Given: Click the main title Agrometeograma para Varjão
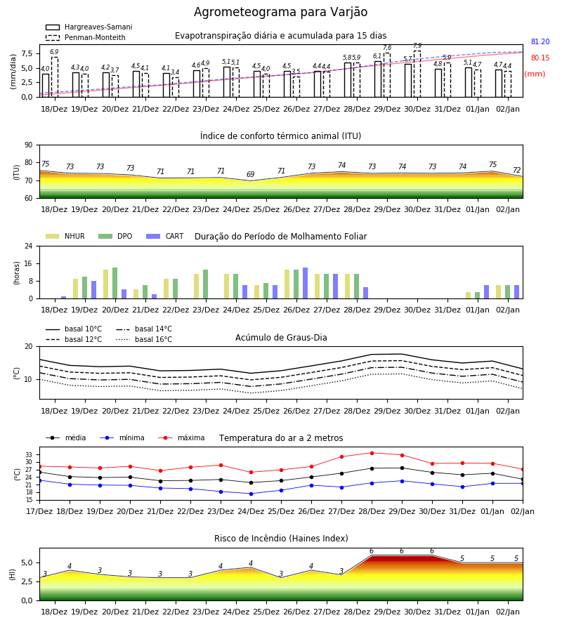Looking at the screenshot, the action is pyautogui.click(x=280, y=12).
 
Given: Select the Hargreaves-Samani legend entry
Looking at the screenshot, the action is pyautogui.click(x=89, y=27).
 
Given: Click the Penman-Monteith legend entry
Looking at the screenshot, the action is pyautogui.click(x=86, y=37).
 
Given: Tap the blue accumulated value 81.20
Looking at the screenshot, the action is pyautogui.click(x=540, y=41).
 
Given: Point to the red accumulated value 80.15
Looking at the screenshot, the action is pyautogui.click(x=540, y=58).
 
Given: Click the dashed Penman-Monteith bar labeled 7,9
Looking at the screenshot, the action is pyautogui.click(x=417, y=74).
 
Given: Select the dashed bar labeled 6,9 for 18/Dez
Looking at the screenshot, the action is pyautogui.click(x=54, y=77).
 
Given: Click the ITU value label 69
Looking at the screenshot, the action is pyautogui.click(x=251, y=174).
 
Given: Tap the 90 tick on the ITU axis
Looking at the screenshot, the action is pyautogui.click(x=29, y=145).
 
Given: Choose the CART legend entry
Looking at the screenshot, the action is pyautogui.click(x=165, y=236).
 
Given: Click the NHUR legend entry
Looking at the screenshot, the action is pyautogui.click(x=65, y=236).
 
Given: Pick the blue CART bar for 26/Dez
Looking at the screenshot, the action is pyautogui.click(x=305, y=283).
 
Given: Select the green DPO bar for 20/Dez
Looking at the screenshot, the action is pyautogui.click(x=115, y=283).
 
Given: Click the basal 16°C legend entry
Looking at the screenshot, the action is pyautogui.click(x=144, y=339).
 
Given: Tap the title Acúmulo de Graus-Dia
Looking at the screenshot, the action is pyautogui.click(x=281, y=337).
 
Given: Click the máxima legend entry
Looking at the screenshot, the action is pyautogui.click(x=182, y=437).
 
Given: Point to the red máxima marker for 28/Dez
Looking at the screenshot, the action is pyautogui.click(x=372, y=453).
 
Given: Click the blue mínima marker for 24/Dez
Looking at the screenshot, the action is pyautogui.click(x=251, y=494).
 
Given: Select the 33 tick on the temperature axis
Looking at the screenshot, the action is pyautogui.click(x=29, y=454).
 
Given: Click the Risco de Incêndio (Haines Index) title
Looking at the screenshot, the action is pyautogui.click(x=281, y=538).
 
